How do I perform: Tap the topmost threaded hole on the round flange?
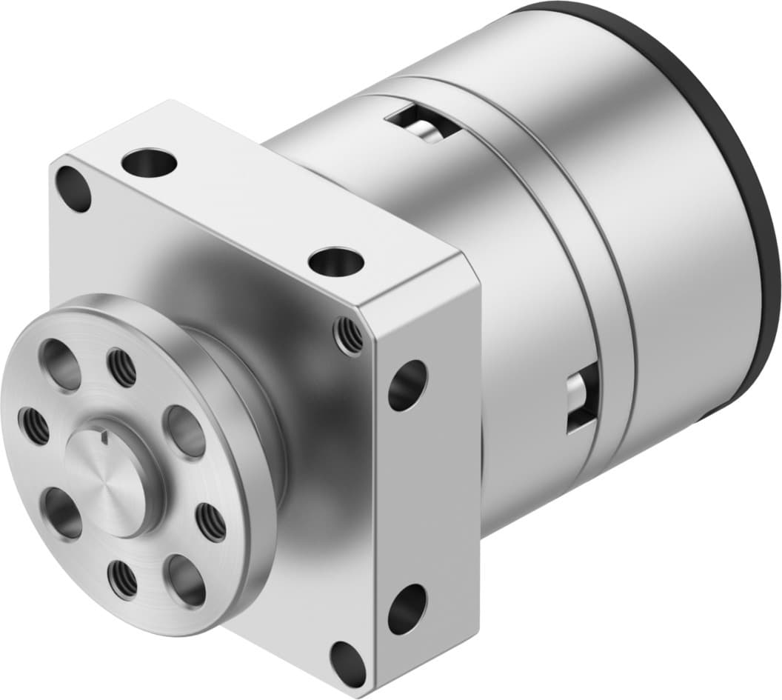[x=122, y=367]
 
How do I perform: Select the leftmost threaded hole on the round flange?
[x=34, y=426]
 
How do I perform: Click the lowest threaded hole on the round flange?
[x=122, y=579]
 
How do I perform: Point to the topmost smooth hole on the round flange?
[x=61, y=364]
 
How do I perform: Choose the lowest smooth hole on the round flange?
[x=186, y=580]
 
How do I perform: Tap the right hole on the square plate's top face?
[x=337, y=261]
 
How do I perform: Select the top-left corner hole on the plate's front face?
[x=73, y=188]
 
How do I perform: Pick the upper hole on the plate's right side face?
[x=407, y=384]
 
